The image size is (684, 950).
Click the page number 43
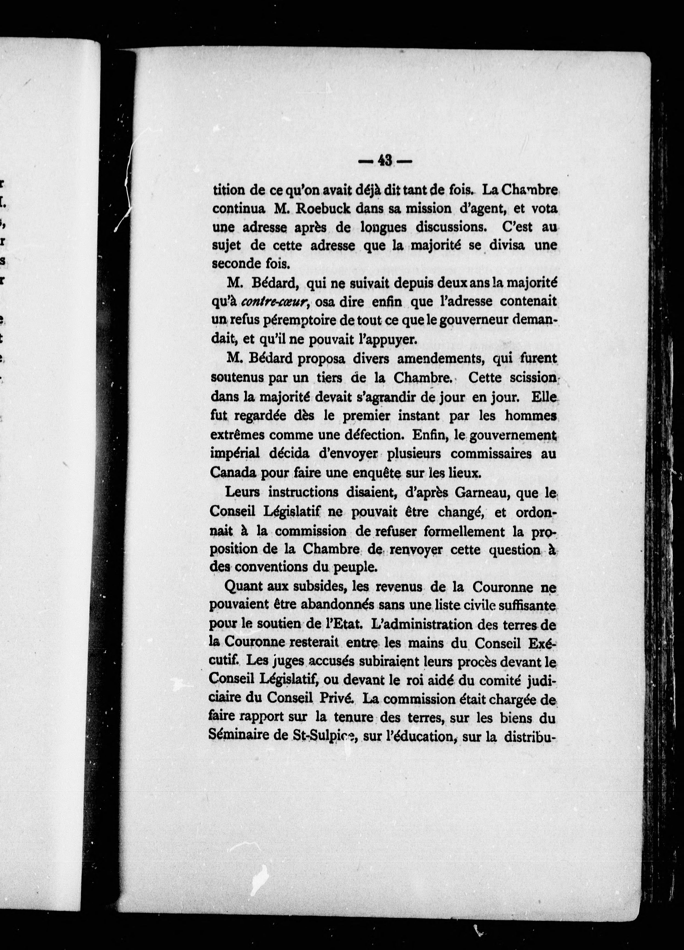coord(385,161)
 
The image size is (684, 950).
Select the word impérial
coord(234,454)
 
